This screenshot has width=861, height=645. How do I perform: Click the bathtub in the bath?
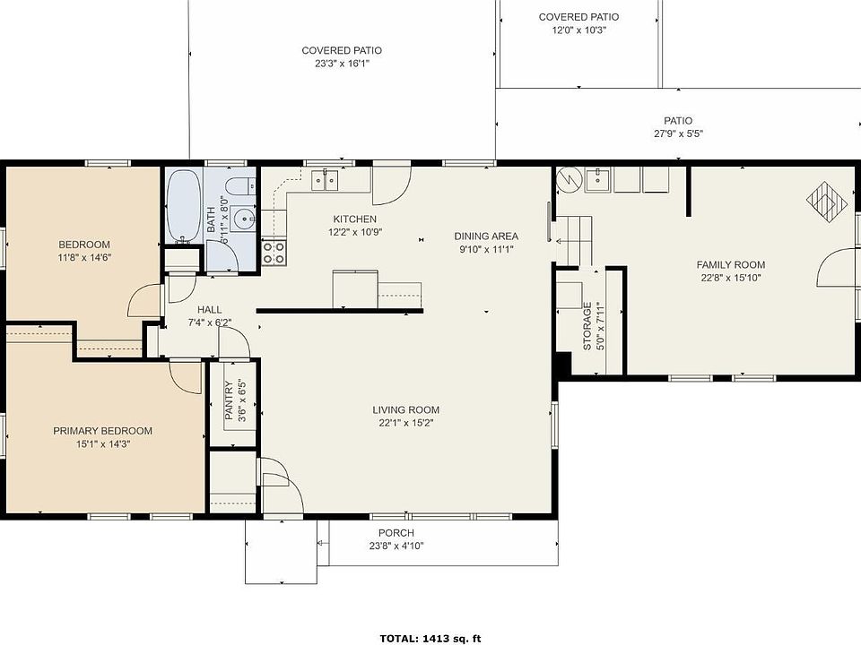(184, 206)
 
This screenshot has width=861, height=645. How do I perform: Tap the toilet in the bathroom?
(240, 186)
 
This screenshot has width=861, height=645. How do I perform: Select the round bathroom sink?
(243, 219)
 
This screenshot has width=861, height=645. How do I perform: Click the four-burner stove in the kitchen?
(274, 253)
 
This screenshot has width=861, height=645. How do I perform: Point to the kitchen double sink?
(325, 180)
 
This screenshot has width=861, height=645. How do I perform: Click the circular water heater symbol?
(569, 179)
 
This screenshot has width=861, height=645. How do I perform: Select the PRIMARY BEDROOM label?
(102, 431)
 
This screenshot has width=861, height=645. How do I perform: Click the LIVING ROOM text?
(405, 409)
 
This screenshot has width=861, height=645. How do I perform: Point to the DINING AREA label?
(486, 236)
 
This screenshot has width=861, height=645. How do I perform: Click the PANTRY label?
(229, 400)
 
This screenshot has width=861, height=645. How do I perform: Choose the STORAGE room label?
(587, 326)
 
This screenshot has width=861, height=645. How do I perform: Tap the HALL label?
(209, 310)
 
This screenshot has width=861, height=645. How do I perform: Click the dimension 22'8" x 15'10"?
(731, 278)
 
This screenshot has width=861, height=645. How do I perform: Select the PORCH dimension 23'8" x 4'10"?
(396, 546)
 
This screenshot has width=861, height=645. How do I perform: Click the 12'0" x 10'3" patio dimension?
(578, 30)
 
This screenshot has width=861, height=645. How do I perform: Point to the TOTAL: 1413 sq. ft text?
(430, 639)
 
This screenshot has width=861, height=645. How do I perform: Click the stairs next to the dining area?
(575, 240)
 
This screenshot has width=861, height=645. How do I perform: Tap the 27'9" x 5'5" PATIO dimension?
(678, 133)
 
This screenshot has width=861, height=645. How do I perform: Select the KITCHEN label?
(355, 219)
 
